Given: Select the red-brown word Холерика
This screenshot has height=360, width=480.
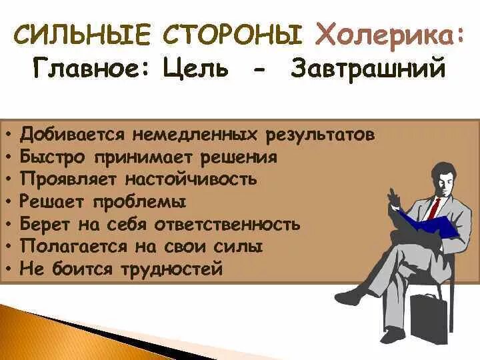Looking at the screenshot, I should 388,33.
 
